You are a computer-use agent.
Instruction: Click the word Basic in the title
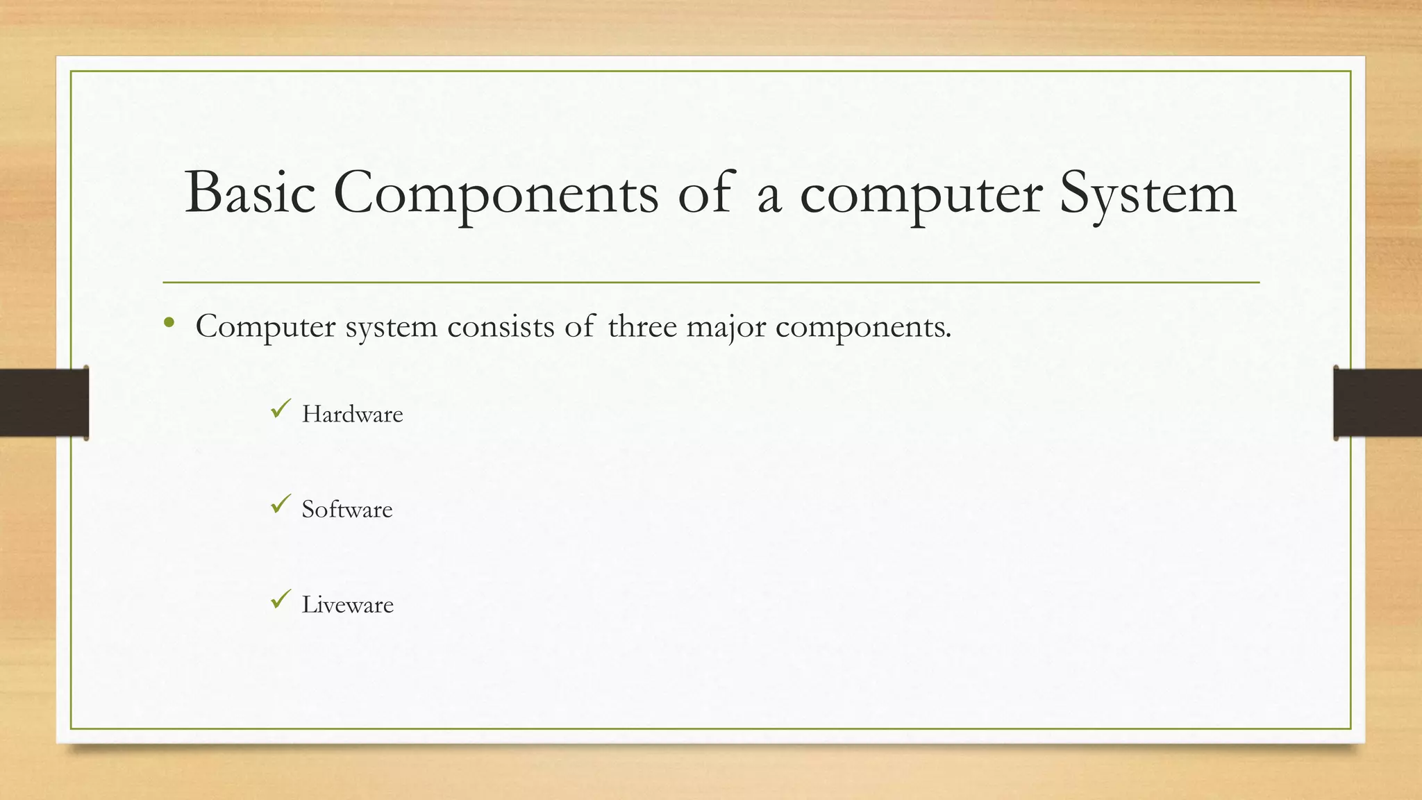250,193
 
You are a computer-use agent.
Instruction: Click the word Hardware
352,415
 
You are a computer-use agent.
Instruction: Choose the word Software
346,510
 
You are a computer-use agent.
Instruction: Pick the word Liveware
347,605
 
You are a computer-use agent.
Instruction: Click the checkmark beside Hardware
281,409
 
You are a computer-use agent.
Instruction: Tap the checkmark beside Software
281,504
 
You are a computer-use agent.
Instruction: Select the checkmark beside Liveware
281,599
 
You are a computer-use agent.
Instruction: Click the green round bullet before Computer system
169,323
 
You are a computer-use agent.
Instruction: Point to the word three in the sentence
642,326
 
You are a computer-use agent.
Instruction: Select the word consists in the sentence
501,326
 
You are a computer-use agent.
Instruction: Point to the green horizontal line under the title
711,283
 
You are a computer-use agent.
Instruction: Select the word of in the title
704,193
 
